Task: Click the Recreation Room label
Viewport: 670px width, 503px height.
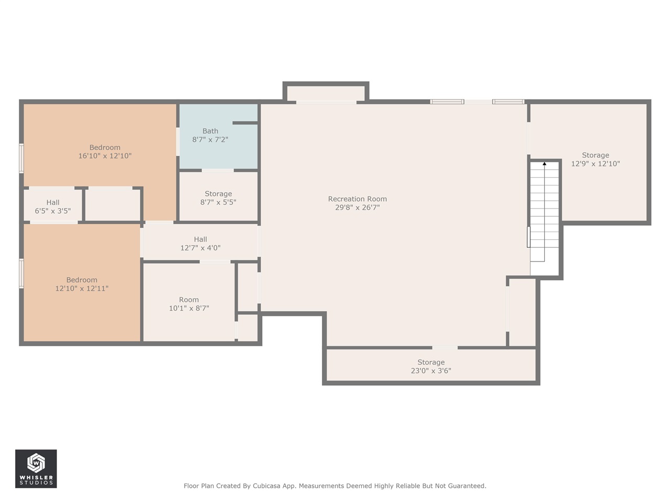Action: [x=357, y=199]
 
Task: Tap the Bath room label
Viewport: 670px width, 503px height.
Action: [x=210, y=131]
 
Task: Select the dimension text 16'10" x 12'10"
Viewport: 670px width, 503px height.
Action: [x=105, y=156]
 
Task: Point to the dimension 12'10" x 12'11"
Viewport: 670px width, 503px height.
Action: [x=82, y=289]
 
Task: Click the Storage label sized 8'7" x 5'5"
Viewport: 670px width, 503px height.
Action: [x=218, y=194]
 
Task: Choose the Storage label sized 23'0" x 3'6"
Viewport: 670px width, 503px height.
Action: [x=431, y=363]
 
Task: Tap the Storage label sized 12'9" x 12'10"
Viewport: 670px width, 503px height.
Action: [x=595, y=155]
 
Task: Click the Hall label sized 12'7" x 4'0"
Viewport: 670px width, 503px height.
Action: [x=200, y=239]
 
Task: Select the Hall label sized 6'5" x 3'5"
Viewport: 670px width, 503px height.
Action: [x=53, y=203]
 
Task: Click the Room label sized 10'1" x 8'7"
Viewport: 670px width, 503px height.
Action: [x=189, y=300]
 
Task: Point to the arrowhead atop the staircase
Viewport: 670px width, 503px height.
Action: [x=544, y=164]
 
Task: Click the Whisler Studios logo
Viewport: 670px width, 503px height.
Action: [x=36, y=468]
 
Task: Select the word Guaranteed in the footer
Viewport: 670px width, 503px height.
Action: [x=466, y=486]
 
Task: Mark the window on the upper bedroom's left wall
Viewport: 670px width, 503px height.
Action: [x=21, y=158]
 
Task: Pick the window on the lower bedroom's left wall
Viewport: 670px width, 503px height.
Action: [x=21, y=273]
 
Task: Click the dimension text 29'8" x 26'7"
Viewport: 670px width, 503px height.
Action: [x=357, y=207]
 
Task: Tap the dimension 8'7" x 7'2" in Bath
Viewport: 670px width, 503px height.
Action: [x=210, y=140]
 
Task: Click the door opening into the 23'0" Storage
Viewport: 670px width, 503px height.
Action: [x=444, y=347]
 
